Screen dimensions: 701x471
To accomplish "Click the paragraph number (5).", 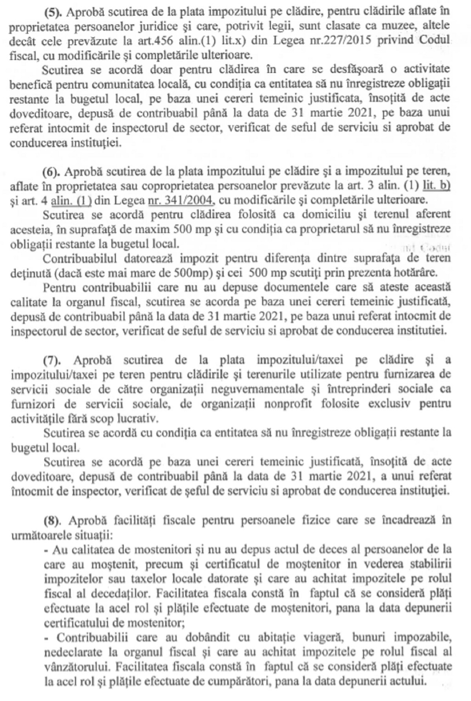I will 53,11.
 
